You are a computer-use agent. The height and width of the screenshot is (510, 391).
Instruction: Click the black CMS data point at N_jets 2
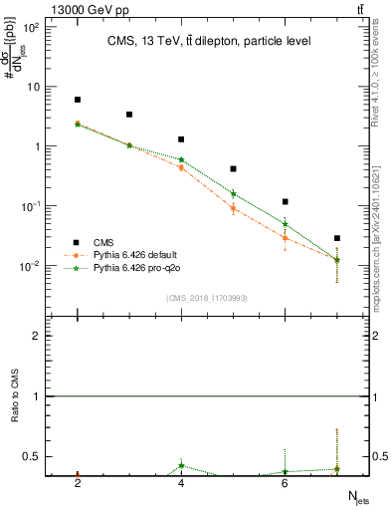tap(78, 100)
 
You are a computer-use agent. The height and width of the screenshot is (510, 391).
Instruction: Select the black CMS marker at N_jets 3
tap(129, 115)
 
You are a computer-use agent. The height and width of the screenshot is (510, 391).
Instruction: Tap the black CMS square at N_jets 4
tap(181, 139)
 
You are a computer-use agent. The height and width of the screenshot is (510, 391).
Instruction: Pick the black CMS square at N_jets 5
tap(233, 169)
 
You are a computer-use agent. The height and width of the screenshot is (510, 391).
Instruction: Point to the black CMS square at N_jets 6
tap(286, 202)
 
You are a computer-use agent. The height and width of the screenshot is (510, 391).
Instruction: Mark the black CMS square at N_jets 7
tap(337, 238)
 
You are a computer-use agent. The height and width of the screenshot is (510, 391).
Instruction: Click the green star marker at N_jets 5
tap(233, 194)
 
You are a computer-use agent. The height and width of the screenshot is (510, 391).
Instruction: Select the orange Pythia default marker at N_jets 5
tap(233, 208)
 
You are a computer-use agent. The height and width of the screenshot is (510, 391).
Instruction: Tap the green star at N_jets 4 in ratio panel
tap(181, 465)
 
